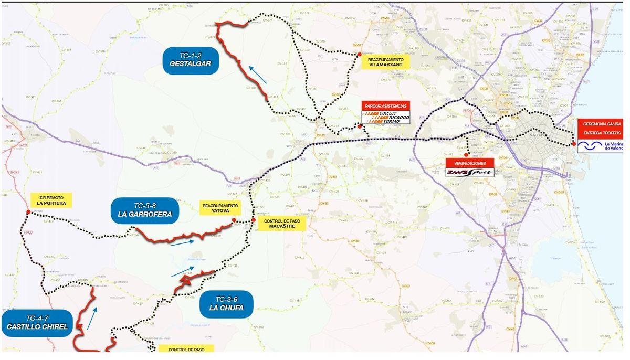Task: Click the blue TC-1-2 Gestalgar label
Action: tap(191, 60)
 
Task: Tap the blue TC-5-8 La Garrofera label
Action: tap(144, 210)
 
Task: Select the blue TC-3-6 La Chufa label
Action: tap(226, 304)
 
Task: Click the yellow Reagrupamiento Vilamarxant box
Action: tap(385, 63)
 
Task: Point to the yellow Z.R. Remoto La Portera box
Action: tap(51, 200)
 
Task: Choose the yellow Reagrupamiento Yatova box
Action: tap(220, 208)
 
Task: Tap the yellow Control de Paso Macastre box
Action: tap(282, 224)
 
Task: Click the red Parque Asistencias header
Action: tap(385, 105)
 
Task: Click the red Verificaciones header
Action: tap(470, 163)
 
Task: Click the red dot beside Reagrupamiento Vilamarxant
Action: tap(359, 54)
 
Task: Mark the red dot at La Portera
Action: tap(28, 212)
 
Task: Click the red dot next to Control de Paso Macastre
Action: tap(253, 220)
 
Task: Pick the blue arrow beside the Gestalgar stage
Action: tap(257, 75)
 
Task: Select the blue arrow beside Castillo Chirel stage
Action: tap(92, 319)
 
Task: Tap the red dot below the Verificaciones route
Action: tap(466, 154)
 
